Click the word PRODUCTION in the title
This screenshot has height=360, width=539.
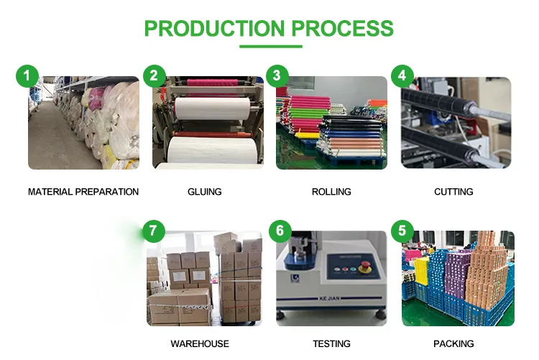click(214, 28)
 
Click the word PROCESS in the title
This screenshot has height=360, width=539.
click(342, 28)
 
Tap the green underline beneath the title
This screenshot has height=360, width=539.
click(271, 47)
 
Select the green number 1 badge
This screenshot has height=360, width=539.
click(27, 75)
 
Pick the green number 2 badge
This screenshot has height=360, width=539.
click(154, 75)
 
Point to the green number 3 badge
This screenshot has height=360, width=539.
click(277, 75)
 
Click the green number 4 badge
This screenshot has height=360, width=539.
click(402, 75)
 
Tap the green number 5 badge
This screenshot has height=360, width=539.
click(402, 231)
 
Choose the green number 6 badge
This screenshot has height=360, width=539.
click(280, 231)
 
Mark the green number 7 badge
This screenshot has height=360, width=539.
click(153, 231)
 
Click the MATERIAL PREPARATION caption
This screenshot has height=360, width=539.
click(83, 192)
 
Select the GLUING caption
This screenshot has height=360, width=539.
click(205, 192)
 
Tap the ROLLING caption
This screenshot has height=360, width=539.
click(331, 192)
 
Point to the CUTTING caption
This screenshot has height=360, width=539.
click(453, 192)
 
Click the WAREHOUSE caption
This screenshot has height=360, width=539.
click(200, 344)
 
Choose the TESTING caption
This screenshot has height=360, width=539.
click(332, 344)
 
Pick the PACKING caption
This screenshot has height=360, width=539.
click(453, 344)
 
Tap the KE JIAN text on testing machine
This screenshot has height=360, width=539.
click(329, 298)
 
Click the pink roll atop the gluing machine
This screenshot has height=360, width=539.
click(213, 83)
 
